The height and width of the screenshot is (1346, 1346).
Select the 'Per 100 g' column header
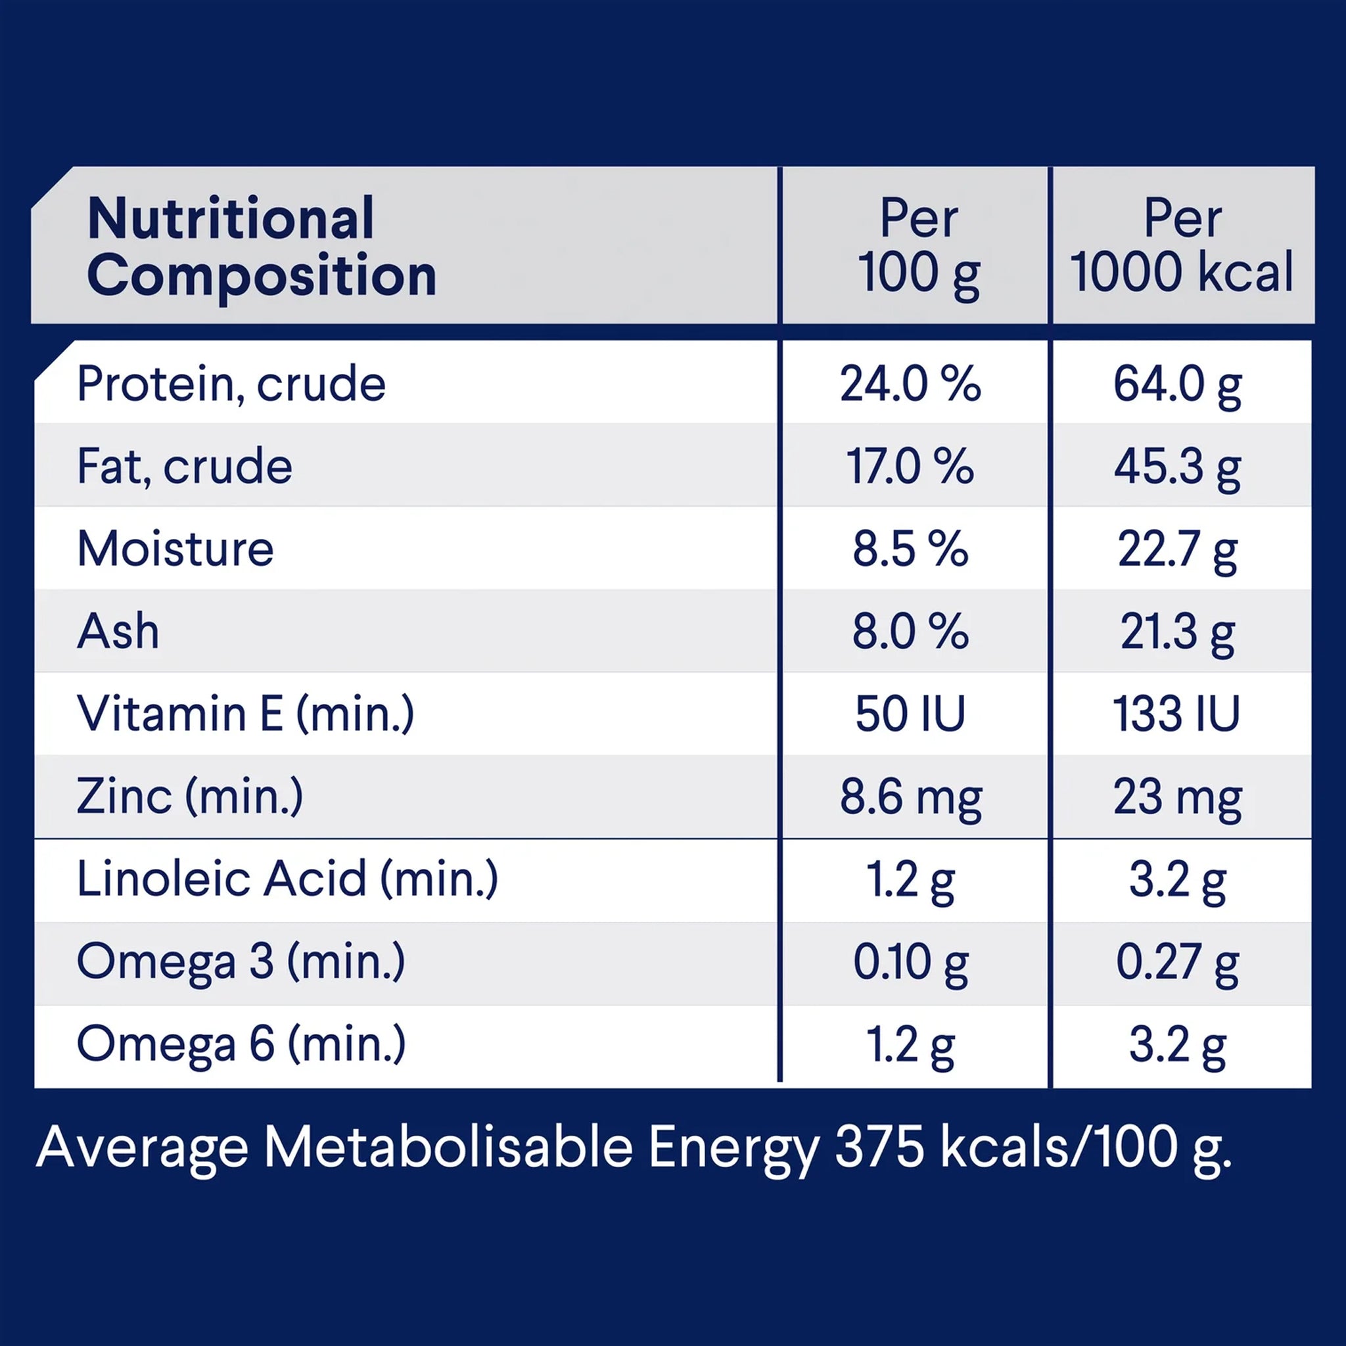tap(919, 247)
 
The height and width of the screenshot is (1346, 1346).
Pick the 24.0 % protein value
tap(910, 384)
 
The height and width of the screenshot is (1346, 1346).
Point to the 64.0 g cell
tap(1177, 385)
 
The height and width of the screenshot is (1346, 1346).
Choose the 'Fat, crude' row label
tap(185, 466)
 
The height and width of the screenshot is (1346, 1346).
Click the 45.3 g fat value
tap(1177, 467)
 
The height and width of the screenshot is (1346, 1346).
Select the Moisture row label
tap(175, 548)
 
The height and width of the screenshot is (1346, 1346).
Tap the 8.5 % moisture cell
tap(910, 549)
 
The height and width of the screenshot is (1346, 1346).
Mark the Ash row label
tap(118, 631)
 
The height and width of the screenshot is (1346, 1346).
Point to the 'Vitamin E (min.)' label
tap(246, 713)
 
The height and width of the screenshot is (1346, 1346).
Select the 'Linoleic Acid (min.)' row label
tap(288, 879)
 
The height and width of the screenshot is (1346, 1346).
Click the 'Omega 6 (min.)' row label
tap(241, 1044)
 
